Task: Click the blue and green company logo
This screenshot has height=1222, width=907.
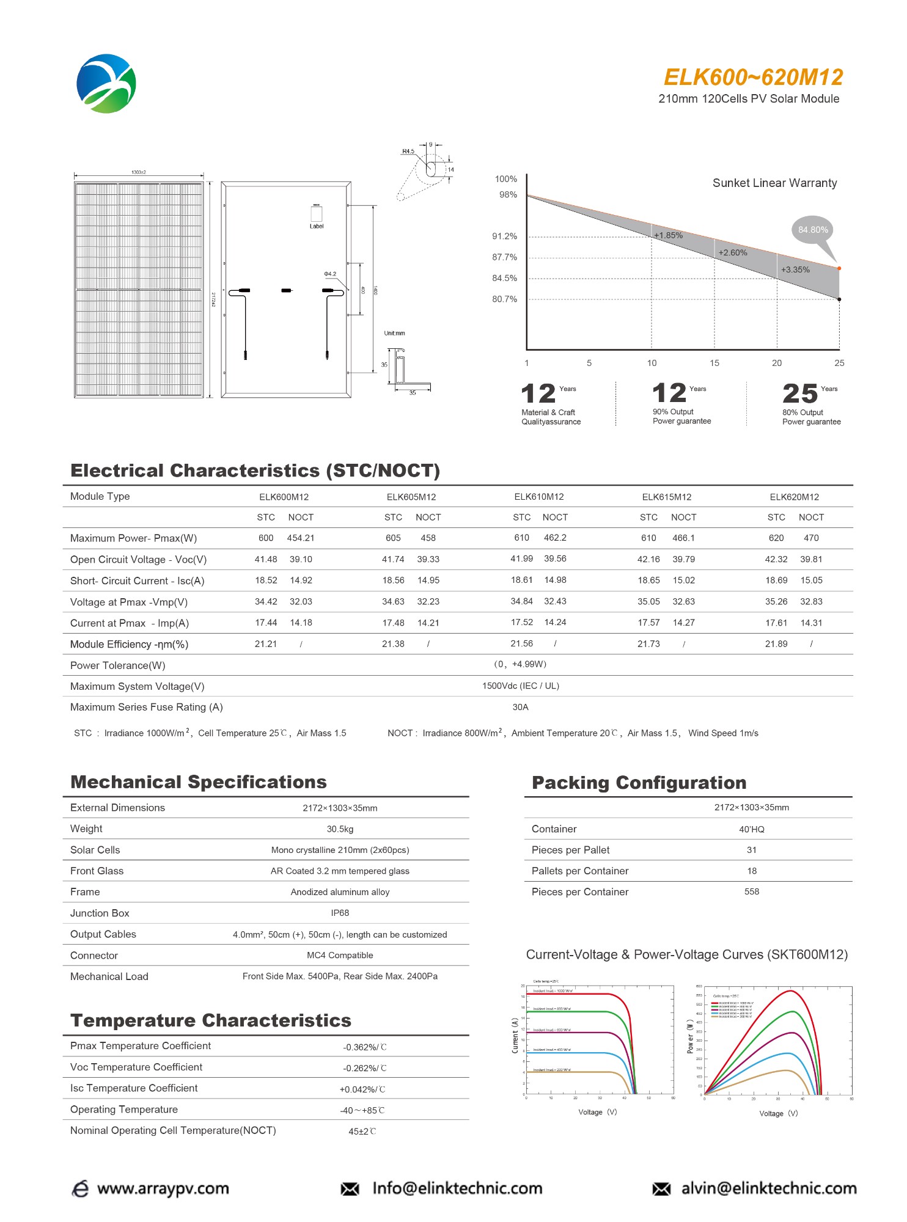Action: [106, 84]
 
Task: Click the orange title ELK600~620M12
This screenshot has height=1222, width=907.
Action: [753, 78]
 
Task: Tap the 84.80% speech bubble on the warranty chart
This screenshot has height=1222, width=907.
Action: [813, 230]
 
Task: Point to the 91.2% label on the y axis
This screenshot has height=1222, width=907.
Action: [505, 236]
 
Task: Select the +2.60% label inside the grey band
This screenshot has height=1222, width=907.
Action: [732, 253]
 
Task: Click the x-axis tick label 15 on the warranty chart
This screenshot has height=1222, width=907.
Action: [714, 363]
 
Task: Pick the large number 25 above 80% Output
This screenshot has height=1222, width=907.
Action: [799, 394]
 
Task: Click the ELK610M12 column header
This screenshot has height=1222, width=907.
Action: [539, 497]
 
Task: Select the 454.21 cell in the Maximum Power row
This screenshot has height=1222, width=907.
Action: [301, 538]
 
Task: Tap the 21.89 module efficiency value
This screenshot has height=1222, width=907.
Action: [776, 644]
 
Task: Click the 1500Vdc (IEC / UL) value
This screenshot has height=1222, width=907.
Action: [521, 686]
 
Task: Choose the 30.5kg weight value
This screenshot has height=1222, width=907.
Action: [340, 829]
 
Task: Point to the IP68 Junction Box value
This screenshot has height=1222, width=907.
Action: [340, 913]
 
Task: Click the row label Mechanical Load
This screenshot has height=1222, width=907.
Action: [109, 977]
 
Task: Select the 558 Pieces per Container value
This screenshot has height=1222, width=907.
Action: [752, 892]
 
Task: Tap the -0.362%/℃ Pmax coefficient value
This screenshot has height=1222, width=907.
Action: [365, 1047]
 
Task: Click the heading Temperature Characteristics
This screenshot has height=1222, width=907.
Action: [211, 1020]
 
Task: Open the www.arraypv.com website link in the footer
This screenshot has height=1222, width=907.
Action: [163, 1189]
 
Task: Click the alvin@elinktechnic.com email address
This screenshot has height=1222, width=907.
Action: [769, 1189]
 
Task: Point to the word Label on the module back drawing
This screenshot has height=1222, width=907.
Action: [317, 227]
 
